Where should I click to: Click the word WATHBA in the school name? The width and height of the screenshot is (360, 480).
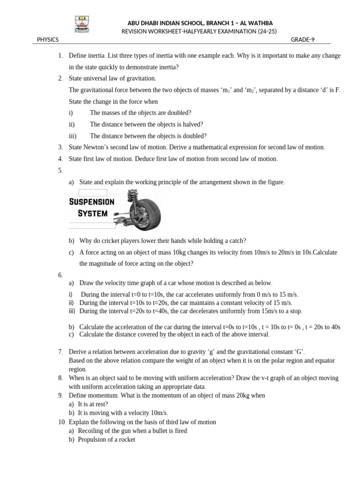[x=260, y=23]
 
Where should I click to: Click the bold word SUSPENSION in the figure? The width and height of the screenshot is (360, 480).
[x=92, y=202]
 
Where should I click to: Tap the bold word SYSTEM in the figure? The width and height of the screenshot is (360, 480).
[x=92, y=213]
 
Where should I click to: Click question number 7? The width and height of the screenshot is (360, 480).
[x=61, y=352]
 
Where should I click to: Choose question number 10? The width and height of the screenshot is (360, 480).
[x=62, y=422]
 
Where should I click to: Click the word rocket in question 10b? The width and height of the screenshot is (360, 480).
[x=126, y=440]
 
